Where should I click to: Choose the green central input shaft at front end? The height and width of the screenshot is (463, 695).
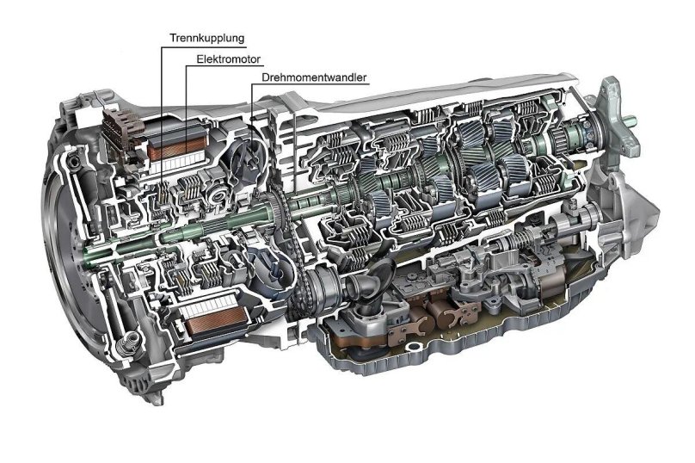click(95, 256)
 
